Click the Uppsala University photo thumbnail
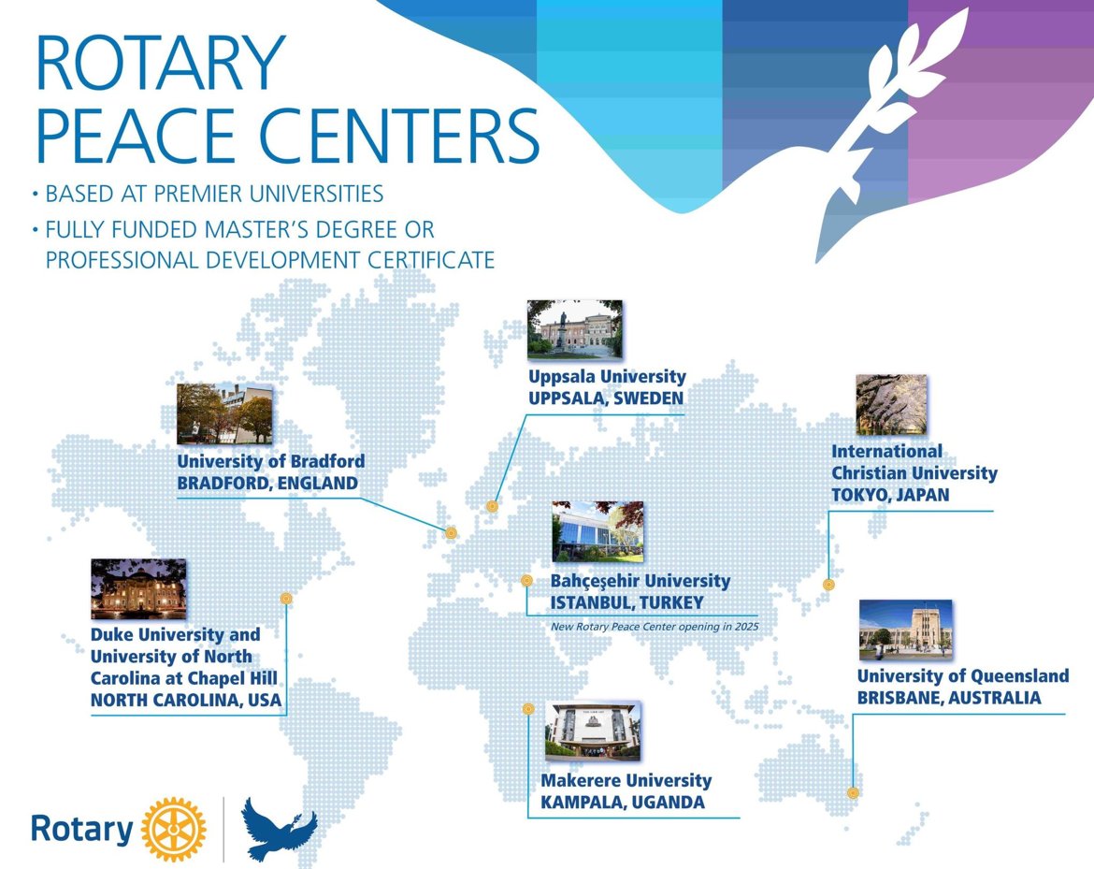tap(575, 329)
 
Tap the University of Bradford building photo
tap(224, 413)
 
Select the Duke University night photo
tap(138, 588)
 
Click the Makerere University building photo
tap(593, 731)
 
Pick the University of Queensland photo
tap(906, 630)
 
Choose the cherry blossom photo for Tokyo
tap(892, 405)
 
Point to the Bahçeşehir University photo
tap(597, 531)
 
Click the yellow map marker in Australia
tap(853, 793)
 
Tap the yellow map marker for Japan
tap(828, 585)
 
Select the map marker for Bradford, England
tap(452, 533)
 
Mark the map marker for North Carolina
tap(286, 598)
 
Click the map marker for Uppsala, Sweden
tap(492, 506)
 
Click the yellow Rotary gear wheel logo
tap(174, 829)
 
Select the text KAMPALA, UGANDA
tap(623, 802)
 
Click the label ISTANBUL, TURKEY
tap(626, 602)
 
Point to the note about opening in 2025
tap(655, 627)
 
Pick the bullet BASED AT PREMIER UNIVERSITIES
tap(208, 194)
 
